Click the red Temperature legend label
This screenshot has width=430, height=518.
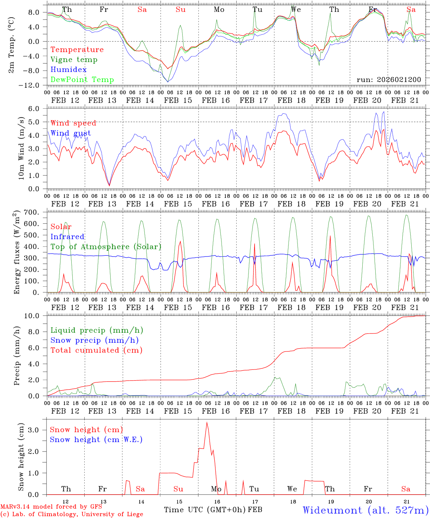[77, 50]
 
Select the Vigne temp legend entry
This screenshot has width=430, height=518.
[74, 60]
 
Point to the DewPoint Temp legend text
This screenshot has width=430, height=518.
[82, 80]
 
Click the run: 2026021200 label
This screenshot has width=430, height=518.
[389, 80]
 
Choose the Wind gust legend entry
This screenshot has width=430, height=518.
[71, 133]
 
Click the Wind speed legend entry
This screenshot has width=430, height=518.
[73, 123]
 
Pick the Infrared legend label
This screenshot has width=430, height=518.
[67, 237]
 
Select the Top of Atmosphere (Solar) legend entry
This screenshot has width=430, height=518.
[106, 247]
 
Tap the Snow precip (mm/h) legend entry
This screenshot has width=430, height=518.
[94, 340]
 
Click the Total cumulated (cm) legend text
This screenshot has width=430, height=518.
[97, 350]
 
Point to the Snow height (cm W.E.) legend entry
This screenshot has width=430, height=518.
[96, 440]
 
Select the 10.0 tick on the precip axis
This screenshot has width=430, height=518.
[32, 316]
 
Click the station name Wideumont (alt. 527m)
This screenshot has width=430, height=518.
[366, 510]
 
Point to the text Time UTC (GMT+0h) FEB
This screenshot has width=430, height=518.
[213, 510]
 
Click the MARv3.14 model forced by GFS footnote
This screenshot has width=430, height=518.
[51, 507]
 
